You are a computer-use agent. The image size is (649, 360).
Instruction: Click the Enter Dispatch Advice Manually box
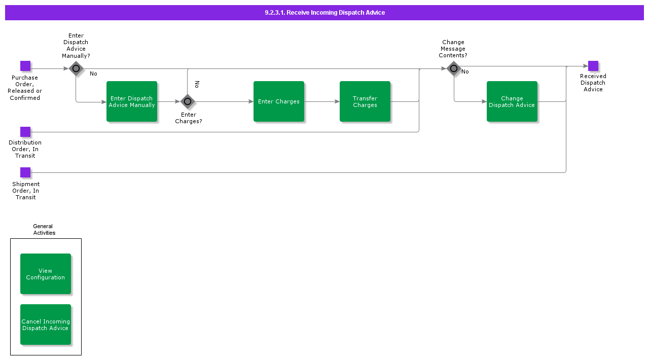click(x=132, y=101)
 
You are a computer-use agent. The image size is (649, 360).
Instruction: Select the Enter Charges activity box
click(x=279, y=101)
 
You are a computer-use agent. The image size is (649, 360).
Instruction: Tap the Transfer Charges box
click(x=365, y=101)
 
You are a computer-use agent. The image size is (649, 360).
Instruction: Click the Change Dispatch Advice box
click(x=512, y=101)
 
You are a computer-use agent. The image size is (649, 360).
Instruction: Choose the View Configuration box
click(x=46, y=274)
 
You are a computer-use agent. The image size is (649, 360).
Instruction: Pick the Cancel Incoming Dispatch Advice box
click(x=46, y=325)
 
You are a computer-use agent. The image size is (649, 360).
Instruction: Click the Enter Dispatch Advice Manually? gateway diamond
click(x=76, y=68)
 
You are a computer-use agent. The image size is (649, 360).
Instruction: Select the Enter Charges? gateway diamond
click(x=188, y=101)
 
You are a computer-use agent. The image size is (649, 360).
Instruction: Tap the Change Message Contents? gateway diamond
click(x=454, y=68)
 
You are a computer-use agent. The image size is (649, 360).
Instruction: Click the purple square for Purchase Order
click(x=25, y=66)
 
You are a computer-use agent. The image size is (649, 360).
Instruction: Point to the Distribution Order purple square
click(x=25, y=132)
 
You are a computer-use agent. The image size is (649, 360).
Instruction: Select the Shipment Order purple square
click(x=25, y=172)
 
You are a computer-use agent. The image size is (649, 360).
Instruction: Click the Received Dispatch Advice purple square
click(x=593, y=66)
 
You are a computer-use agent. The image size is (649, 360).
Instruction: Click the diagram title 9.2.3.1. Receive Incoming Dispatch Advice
click(x=324, y=13)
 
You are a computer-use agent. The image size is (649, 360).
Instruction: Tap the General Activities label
click(x=44, y=230)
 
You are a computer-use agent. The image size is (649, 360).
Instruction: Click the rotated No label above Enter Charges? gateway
click(x=197, y=84)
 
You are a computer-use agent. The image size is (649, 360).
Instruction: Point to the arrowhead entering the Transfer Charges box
click(x=337, y=101)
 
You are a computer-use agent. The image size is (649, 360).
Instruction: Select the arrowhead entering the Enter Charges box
click(x=251, y=101)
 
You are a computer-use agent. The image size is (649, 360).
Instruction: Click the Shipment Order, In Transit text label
click(x=25, y=191)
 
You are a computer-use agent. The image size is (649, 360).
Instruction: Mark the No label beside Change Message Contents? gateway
click(x=465, y=72)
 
